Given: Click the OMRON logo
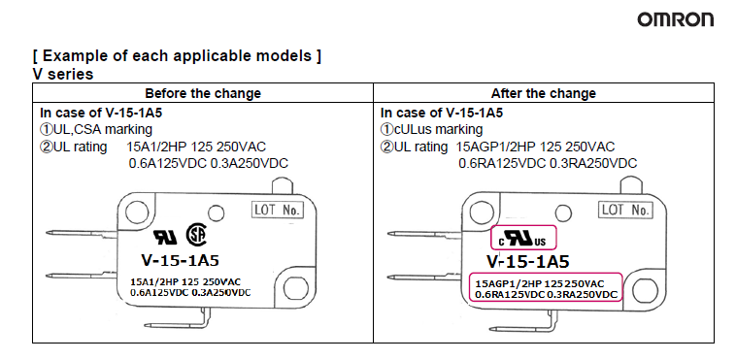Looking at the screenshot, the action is (x=676, y=19).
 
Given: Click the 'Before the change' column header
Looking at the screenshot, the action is (x=203, y=93).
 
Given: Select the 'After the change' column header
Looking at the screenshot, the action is (x=544, y=93).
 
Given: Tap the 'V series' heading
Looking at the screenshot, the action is (x=63, y=74).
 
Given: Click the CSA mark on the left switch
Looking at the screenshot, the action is (x=196, y=235).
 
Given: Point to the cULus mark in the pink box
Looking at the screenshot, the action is (x=522, y=238).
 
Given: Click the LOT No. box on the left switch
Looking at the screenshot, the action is (x=278, y=210).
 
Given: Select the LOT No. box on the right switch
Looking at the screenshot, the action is (x=625, y=210).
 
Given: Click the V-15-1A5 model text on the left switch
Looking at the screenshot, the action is (x=180, y=260).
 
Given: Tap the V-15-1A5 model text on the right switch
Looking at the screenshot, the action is (x=527, y=261).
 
